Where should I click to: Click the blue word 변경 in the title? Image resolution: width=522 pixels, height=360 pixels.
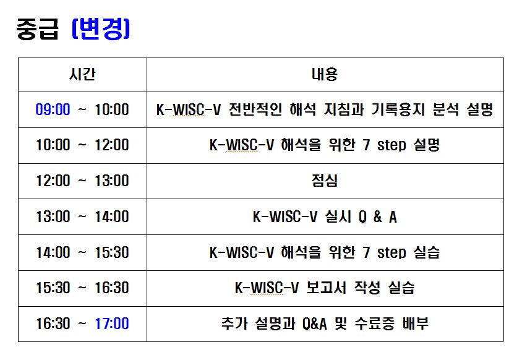click(x=101, y=29)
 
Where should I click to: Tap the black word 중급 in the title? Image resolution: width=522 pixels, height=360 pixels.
click(x=37, y=29)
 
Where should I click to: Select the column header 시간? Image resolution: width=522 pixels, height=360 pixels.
click(x=82, y=74)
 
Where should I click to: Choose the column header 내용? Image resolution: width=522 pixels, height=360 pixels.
click(x=325, y=74)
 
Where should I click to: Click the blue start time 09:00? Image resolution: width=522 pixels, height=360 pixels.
click(x=53, y=109)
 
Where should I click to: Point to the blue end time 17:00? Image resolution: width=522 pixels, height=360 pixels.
click(x=112, y=324)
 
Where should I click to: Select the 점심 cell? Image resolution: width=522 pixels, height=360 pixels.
click(x=325, y=181)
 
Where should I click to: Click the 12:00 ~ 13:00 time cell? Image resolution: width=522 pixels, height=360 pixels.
click(x=82, y=181)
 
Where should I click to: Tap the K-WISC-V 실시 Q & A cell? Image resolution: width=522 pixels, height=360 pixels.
click(x=325, y=216)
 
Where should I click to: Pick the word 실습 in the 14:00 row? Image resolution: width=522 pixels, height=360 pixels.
click(x=427, y=252)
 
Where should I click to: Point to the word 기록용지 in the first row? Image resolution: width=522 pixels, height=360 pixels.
click(x=398, y=109)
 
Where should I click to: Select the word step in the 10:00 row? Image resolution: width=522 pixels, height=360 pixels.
click(x=391, y=145)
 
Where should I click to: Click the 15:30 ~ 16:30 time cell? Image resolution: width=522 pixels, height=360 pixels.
click(x=82, y=288)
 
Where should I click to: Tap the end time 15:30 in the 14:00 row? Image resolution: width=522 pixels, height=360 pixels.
click(x=112, y=252)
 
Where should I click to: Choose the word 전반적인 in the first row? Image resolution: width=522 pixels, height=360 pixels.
click(x=255, y=109)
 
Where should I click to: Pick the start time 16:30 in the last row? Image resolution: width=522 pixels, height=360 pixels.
click(x=53, y=324)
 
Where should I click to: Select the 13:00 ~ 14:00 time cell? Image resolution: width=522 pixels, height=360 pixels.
click(x=82, y=216)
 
